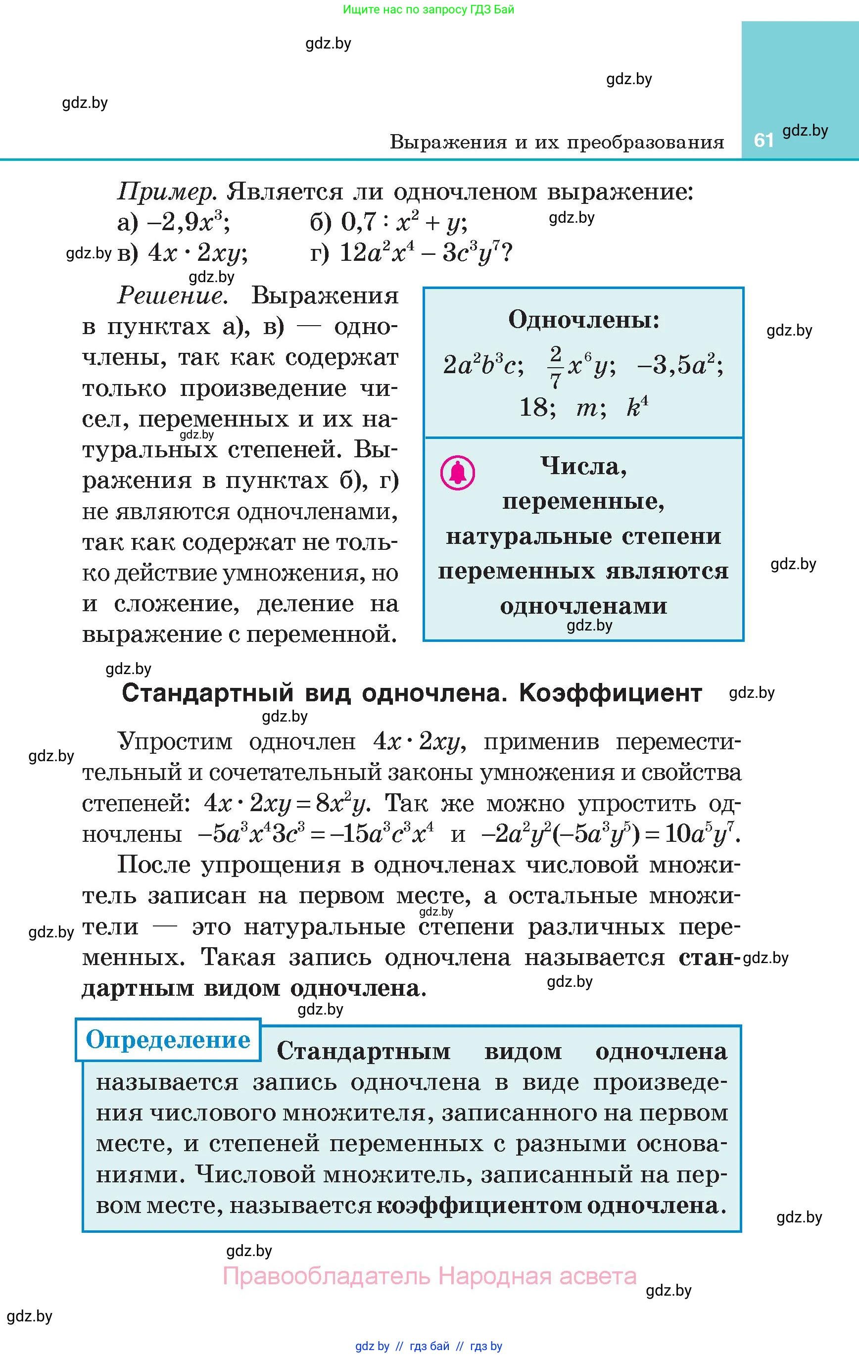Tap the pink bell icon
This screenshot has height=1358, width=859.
tap(457, 473)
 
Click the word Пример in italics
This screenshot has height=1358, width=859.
tap(166, 193)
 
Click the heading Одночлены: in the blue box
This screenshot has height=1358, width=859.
tap(584, 320)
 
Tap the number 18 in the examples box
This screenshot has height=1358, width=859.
tap(533, 407)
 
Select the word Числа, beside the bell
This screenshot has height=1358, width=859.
tap(584, 466)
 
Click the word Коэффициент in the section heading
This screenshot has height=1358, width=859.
tap(610, 693)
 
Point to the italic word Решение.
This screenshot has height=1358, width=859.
tap(173, 296)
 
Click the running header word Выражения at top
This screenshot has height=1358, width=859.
tap(448, 142)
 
